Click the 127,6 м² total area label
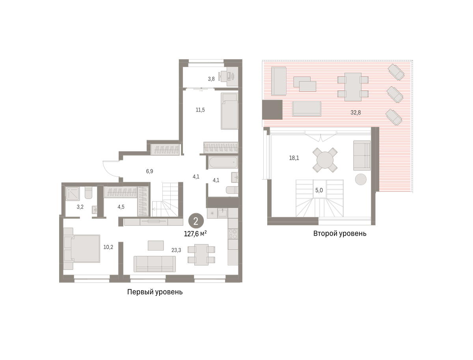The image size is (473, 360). point(195,234)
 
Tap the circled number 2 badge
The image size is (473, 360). point(196,221)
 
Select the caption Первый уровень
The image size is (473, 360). point(155,292)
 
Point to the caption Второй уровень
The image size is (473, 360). point(340,233)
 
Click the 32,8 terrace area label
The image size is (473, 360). point(356,112)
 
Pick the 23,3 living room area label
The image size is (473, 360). point(176,250)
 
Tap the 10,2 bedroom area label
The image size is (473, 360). point(108,247)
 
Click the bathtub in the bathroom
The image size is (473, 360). point(223,162)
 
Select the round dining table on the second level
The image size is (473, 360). point(325,160)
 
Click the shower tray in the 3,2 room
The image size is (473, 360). point(73,193)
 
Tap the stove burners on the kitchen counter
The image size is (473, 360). point(233,234)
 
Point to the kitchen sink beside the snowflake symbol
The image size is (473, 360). point(222,213)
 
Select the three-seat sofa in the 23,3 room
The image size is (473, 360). point(155,264)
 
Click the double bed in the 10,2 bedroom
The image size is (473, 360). point(82,248)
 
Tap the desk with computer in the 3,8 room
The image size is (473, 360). point(229,76)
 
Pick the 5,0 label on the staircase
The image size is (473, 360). point(319,190)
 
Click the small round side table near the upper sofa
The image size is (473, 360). point(361,179)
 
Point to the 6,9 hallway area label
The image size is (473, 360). point(149,171)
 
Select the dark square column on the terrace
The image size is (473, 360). point(272,110)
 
